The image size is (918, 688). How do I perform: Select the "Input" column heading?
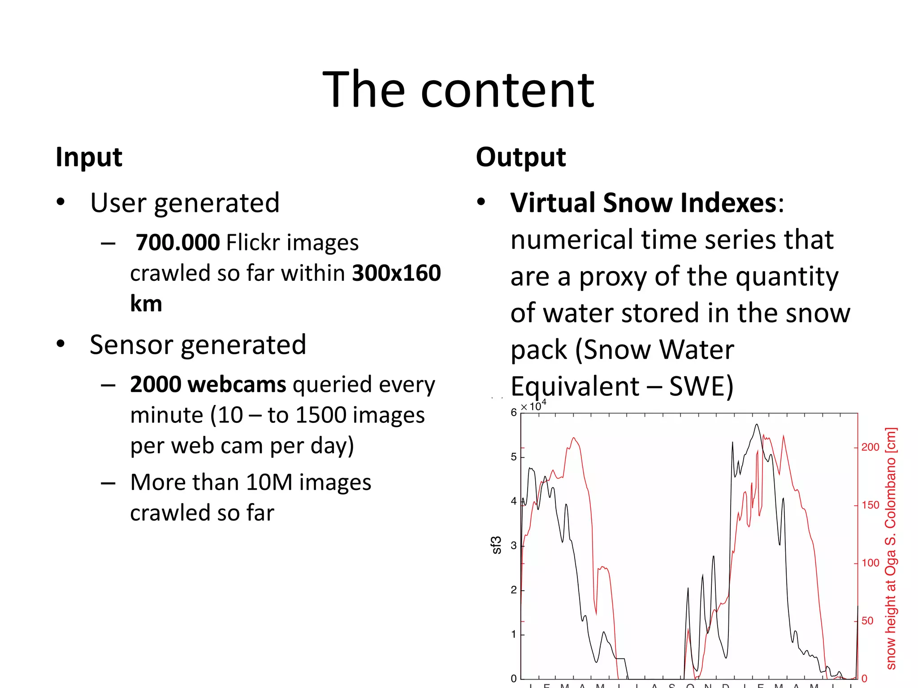tap(89, 158)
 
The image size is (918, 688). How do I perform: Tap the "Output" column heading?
tap(521, 158)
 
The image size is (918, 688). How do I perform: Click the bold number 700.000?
tap(178, 242)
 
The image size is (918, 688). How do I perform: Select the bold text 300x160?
tap(397, 273)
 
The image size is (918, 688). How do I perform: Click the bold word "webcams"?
tap(237, 384)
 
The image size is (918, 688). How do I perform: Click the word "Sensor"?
tap(131, 345)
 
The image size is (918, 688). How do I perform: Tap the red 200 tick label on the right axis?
tap(870, 447)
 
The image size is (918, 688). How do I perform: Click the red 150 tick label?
tap(870, 505)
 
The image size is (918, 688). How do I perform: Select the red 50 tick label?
tap(867, 621)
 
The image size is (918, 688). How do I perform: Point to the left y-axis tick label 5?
tap(514, 457)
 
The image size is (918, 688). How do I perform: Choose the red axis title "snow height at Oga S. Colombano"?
tap(891, 549)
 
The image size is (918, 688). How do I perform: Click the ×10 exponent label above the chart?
tap(533, 406)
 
